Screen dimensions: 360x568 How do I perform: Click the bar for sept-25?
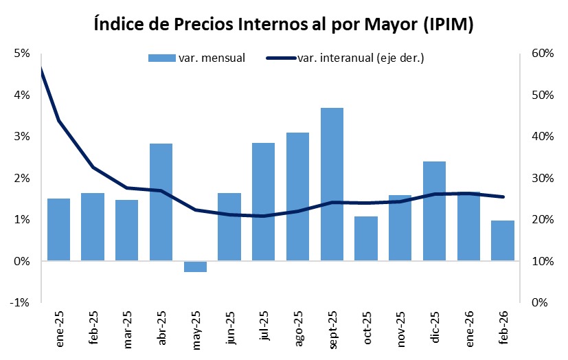coord(332,184)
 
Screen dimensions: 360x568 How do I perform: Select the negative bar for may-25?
coord(195,267)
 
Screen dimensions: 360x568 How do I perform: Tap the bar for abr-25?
coord(161,202)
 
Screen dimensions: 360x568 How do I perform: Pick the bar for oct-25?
coord(366,238)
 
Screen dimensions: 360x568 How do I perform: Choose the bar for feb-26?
coord(503,240)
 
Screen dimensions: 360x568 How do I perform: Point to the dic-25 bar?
coord(434,211)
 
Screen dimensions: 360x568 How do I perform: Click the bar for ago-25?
coord(297,196)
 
